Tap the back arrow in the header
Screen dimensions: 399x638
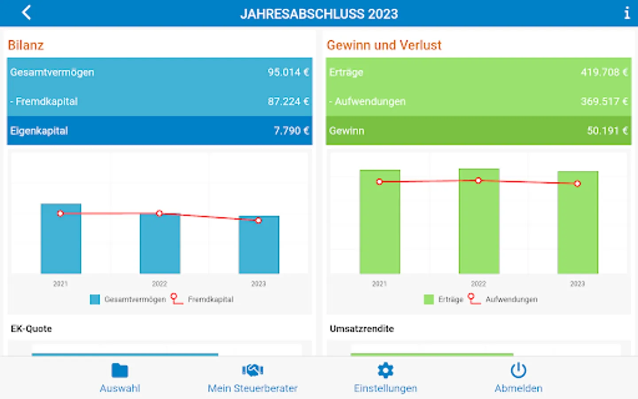click(27, 13)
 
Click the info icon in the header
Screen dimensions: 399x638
click(626, 13)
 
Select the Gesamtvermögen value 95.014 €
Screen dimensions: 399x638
click(288, 72)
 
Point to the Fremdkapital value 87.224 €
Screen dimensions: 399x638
click(288, 102)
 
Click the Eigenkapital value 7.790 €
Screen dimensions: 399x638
click(291, 131)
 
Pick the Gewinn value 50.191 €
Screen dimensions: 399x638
click(607, 131)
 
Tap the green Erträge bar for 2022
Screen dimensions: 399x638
click(478, 226)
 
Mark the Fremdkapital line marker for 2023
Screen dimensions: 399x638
click(259, 220)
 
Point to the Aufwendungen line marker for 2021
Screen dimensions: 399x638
click(379, 182)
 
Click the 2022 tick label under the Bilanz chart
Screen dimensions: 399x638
click(159, 284)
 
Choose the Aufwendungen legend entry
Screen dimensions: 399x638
click(511, 300)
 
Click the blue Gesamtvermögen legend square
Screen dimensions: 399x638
click(95, 300)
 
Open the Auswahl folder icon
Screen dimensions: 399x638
click(120, 370)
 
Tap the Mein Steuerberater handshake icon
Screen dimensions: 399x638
click(253, 370)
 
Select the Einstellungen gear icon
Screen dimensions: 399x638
click(385, 370)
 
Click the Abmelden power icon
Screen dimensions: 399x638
click(518, 370)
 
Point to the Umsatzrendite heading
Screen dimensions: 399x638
click(362, 329)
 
